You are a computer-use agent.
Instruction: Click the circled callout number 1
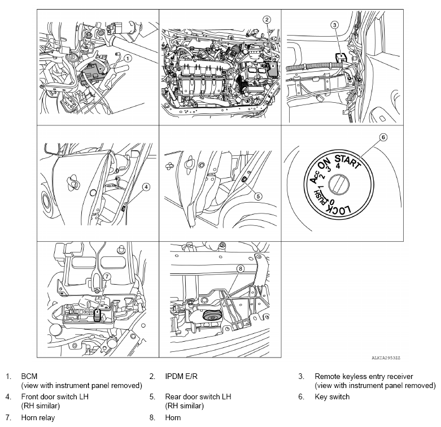point(128,58)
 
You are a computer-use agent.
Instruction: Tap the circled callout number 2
point(267,19)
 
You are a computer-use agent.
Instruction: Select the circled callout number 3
point(334,25)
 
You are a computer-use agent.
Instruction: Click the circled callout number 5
point(258,197)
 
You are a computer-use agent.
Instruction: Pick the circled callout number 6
point(383,137)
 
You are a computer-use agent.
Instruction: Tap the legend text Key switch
point(332,396)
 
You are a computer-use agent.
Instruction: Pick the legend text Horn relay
point(38,418)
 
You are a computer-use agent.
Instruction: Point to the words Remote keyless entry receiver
point(364,376)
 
